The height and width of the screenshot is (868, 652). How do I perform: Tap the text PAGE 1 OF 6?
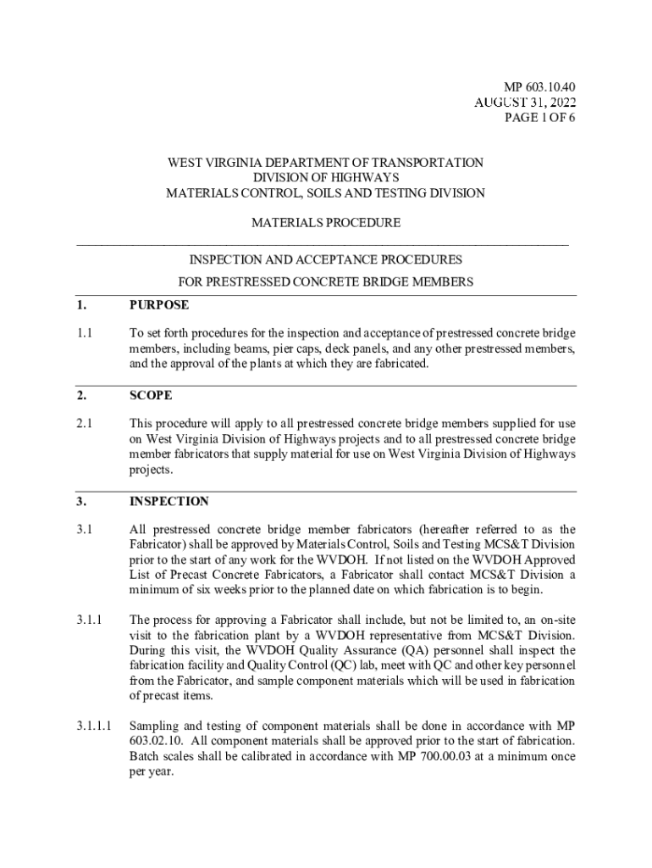[539, 117]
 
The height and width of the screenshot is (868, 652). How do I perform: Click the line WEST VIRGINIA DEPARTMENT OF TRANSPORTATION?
[326, 162]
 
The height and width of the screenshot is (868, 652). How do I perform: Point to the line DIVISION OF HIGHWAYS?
[326, 177]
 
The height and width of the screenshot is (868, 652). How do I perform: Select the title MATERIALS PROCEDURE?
[326, 223]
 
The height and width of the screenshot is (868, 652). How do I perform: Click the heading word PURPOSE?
[159, 304]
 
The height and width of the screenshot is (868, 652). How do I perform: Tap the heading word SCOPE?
[151, 395]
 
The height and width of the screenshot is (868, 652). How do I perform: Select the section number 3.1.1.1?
[94, 726]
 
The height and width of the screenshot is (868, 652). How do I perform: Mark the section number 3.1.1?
[89, 620]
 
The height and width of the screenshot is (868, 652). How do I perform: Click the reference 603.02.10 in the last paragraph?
[153, 741]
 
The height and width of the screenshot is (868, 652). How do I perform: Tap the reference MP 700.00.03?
[456, 756]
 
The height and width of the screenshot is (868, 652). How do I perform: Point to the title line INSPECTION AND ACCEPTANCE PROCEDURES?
[326, 259]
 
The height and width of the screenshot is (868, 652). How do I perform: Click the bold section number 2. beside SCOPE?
[81, 395]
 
